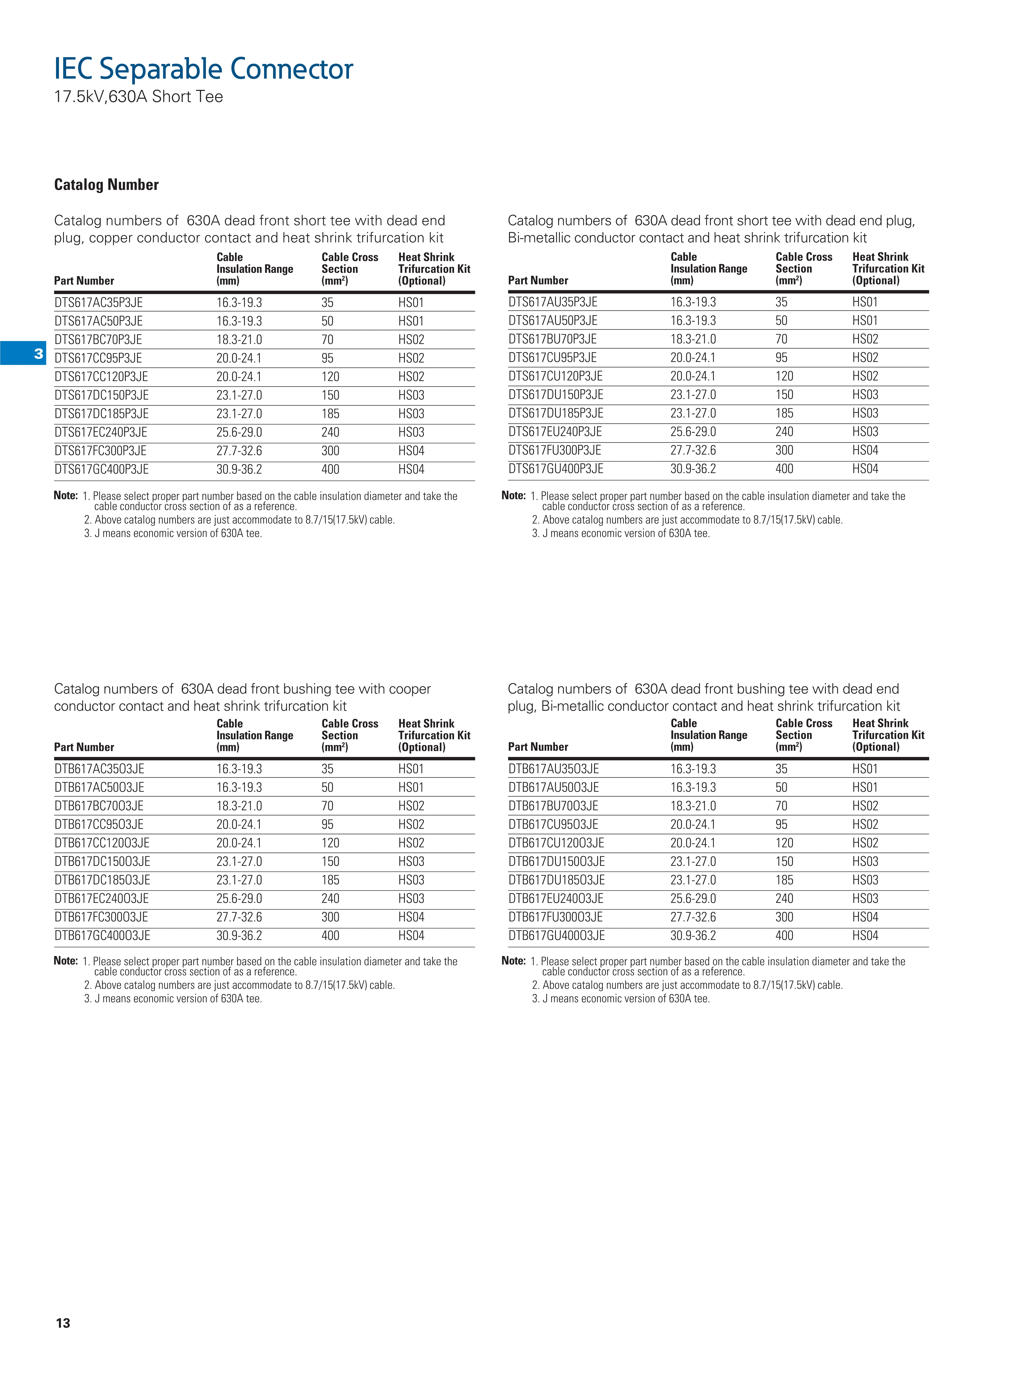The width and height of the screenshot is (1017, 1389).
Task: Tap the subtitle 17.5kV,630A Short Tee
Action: pos(139,97)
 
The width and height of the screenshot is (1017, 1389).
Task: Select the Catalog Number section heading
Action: pos(107,185)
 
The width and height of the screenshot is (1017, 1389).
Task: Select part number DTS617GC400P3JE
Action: pos(101,470)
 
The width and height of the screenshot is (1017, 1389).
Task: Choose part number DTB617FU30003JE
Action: pos(555,917)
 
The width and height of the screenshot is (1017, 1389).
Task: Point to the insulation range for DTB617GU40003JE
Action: pos(693,935)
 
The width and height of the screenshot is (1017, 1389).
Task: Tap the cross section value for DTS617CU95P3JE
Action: pos(781,358)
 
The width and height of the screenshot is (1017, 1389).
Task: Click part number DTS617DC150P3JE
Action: pos(101,395)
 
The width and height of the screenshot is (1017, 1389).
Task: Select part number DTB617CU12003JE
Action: pos(556,843)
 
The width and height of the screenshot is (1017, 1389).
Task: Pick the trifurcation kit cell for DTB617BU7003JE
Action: pos(865,806)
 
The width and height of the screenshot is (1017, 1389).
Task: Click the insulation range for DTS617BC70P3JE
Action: pos(239,340)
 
